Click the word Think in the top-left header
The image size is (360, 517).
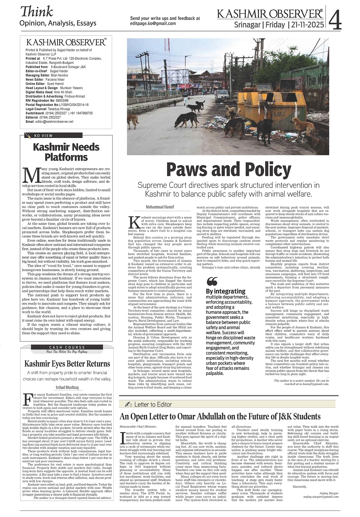[36, 12]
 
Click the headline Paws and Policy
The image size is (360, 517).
[228, 169]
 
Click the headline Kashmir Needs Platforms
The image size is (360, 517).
[66, 152]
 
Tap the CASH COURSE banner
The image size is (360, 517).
[66, 348]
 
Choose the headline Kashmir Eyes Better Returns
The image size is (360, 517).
[67, 364]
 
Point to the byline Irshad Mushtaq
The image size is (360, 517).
[67, 387]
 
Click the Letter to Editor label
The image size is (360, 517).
[153, 405]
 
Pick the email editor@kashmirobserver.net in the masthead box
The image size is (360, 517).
[54, 122]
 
